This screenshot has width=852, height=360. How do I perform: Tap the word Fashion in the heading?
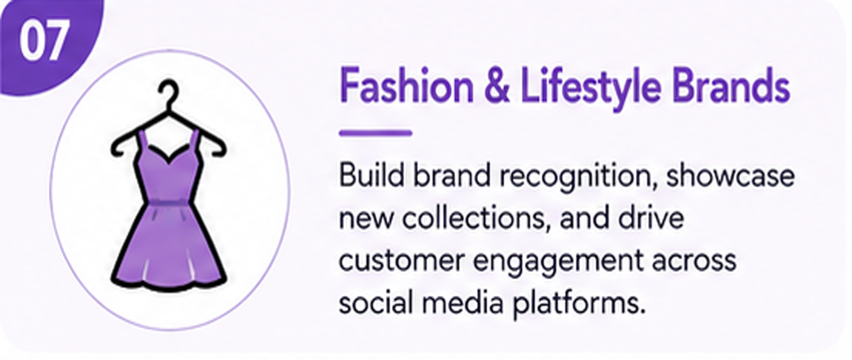407,86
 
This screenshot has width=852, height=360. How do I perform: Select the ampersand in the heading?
497,86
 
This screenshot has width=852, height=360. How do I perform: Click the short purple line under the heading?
376,133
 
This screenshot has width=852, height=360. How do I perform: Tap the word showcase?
730,175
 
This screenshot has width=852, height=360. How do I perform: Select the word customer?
401,261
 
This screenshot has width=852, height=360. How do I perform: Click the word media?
462,302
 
